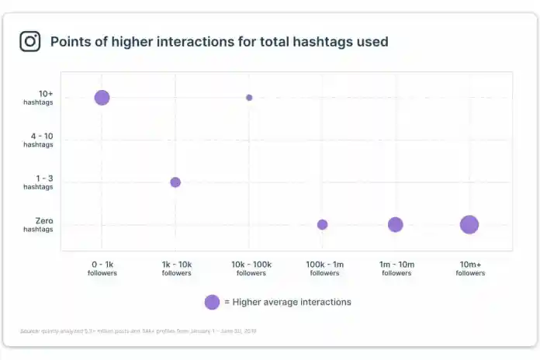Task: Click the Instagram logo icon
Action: click(30, 41)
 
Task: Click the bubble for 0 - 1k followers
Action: click(102, 97)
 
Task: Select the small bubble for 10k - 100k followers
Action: click(249, 98)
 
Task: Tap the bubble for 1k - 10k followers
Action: click(175, 182)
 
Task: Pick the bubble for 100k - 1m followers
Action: click(322, 225)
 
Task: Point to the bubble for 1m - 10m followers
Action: click(396, 225)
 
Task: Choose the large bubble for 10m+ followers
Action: click(469, 225)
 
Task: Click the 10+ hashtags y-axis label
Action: click(38, 98)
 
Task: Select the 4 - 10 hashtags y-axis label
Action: click(38, 140)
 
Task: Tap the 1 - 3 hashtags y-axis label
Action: click(38, 182)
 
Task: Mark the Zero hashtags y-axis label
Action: click(38, 225)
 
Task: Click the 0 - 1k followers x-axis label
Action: click(102, 268)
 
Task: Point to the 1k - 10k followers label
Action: click(176, 268)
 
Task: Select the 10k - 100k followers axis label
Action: click(251, 268)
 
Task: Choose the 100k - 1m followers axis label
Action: click(324, 268)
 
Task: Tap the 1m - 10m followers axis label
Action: click(396, 268)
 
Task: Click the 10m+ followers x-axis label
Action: click(470, 268)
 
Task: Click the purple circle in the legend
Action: click(212, 302)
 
